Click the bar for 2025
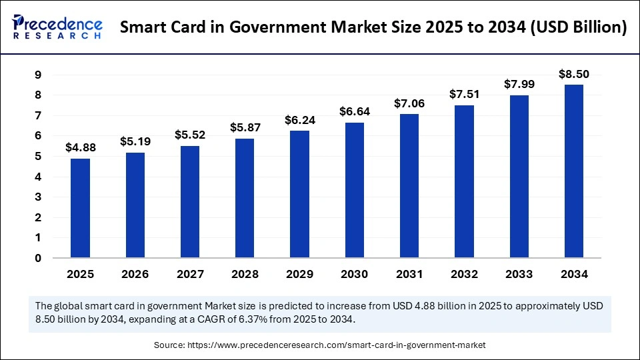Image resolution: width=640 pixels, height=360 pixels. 80,208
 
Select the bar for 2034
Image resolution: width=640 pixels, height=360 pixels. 573,171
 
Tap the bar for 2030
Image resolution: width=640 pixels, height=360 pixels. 354,190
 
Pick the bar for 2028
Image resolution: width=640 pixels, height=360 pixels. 245,198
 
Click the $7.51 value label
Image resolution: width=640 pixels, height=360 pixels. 464,93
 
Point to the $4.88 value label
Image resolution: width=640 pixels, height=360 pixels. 80,147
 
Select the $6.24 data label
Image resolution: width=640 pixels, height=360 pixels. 299,119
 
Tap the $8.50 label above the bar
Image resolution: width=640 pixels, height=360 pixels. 573,73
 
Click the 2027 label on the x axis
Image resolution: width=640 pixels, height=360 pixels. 190,274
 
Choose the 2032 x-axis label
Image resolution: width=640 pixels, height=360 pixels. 464,274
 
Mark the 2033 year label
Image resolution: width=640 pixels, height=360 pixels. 519,274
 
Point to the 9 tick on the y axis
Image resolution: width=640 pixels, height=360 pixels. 38,75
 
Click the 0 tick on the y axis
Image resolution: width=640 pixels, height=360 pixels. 38,258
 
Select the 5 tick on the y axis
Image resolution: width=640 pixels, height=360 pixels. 38,157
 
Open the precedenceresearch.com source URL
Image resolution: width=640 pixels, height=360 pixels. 339,345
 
